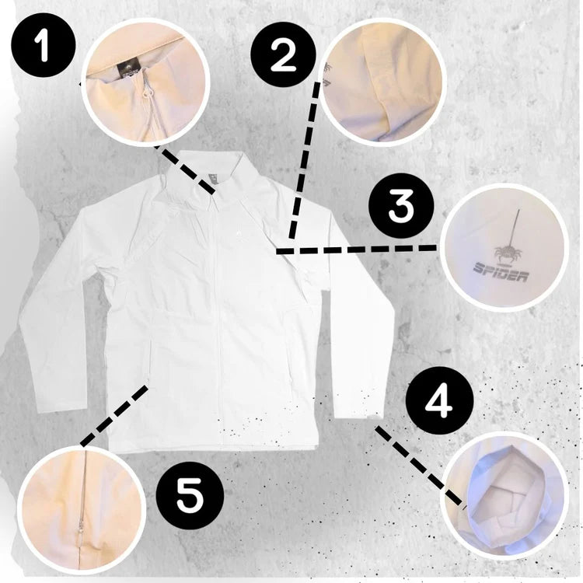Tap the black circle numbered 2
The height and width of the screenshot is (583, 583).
click(283, 55)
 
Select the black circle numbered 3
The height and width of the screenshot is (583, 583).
click(401, 207)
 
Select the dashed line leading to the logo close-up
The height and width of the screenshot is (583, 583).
click(356, 250)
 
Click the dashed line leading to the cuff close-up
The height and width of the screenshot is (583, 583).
click(420, 466)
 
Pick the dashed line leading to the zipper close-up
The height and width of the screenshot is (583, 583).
click(114, 415)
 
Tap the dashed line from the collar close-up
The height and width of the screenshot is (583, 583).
click(185, 169)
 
